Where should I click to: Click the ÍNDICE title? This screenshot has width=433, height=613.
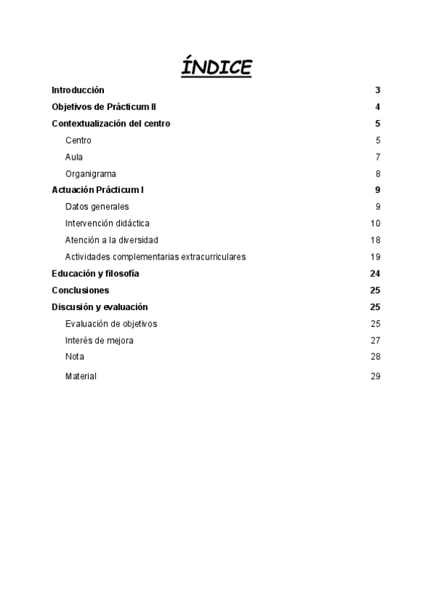coord(216,67)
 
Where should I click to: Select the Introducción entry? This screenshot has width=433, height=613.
coord(78,90)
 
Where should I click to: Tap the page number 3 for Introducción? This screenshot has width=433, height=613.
coord(377,90)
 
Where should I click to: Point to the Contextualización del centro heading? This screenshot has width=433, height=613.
coord(111,124)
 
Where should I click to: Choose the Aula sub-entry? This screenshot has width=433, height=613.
coord(74,157)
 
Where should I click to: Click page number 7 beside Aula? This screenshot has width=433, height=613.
coord(377,157)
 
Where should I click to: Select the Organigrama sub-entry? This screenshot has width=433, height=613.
coord(90,173)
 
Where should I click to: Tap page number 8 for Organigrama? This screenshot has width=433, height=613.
coord(377,173)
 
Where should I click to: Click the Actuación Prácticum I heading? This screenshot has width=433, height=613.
coord(98,190)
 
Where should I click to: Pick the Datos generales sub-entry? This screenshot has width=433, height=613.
coord(97,207)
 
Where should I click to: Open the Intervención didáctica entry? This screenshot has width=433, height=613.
coord(107,223)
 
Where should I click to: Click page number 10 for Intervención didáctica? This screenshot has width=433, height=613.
coord(375,223)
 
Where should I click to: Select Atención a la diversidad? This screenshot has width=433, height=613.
coord(111,240)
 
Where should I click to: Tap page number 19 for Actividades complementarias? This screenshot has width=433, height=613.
coord(375,257)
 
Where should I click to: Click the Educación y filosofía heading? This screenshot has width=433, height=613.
coord(95,273)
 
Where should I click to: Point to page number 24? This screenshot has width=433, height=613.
coord(375,273)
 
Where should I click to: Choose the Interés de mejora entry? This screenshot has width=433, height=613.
coord(99,340)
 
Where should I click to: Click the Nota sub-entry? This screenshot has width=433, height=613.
coord(74,357)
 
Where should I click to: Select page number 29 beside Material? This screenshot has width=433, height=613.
coord(375,377)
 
